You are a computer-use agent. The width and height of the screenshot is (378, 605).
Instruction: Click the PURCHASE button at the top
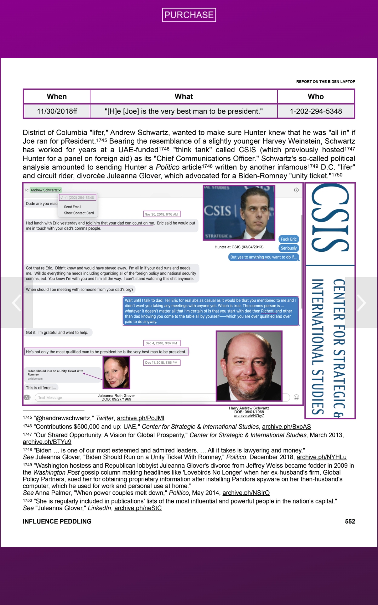pyautogui.click(x=189, y=15)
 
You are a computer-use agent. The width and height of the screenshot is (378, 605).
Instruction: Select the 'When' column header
pyautogui.click(x=57, y=96)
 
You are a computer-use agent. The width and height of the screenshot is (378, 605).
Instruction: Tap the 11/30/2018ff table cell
pyautogui.click(x=57, y=111)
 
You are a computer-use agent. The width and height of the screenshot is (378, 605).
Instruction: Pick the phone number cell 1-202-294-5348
pyautogui.click(x=316, y=111)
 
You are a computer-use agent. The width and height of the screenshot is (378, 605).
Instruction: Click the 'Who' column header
pyautogui.click(x=316, y=96)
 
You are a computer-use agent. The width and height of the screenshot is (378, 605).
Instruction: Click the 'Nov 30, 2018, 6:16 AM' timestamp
pyautogui.click(x=161, y=214)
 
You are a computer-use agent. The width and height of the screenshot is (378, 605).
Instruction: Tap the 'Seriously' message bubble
pyautogui.click(x=289, y=248)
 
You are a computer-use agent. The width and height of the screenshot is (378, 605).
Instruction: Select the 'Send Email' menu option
pyautogui.click(x=72, y=207)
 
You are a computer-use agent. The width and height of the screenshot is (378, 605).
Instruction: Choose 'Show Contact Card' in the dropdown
pyautogui.click(x=79, y=213)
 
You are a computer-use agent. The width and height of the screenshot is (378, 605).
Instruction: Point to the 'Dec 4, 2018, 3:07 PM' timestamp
pyautogui.click(x=161, y=343)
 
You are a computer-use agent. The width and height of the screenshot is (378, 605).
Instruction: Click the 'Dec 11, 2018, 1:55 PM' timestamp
pyautogui.click(x=161, y=363)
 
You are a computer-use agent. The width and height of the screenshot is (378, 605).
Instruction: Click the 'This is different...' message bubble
pyautogui.click(x=41, y=388)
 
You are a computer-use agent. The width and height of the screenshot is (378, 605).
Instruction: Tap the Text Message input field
pyautogui.click(x=63, y=398)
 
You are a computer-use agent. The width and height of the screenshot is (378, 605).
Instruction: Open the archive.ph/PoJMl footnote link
pyautogui.click(x=140, y=418)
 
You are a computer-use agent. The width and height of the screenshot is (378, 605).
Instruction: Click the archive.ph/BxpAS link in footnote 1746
pyautogui.click(x=286, y=427)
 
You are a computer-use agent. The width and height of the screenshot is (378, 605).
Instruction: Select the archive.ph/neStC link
pyautogui.click(x=138, y=508)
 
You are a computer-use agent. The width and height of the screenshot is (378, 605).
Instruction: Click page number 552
pyautogui.click(x=350, y=521)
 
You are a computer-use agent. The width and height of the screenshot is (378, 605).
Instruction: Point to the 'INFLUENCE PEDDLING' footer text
pyautogui.click(x=57, y=521)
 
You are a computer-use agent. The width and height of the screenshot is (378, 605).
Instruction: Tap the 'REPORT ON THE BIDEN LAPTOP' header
pyautogui.click(x=325, y=82)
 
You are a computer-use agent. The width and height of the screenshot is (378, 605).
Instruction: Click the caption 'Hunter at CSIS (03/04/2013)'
pyautogui.click(x=239, y=247)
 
